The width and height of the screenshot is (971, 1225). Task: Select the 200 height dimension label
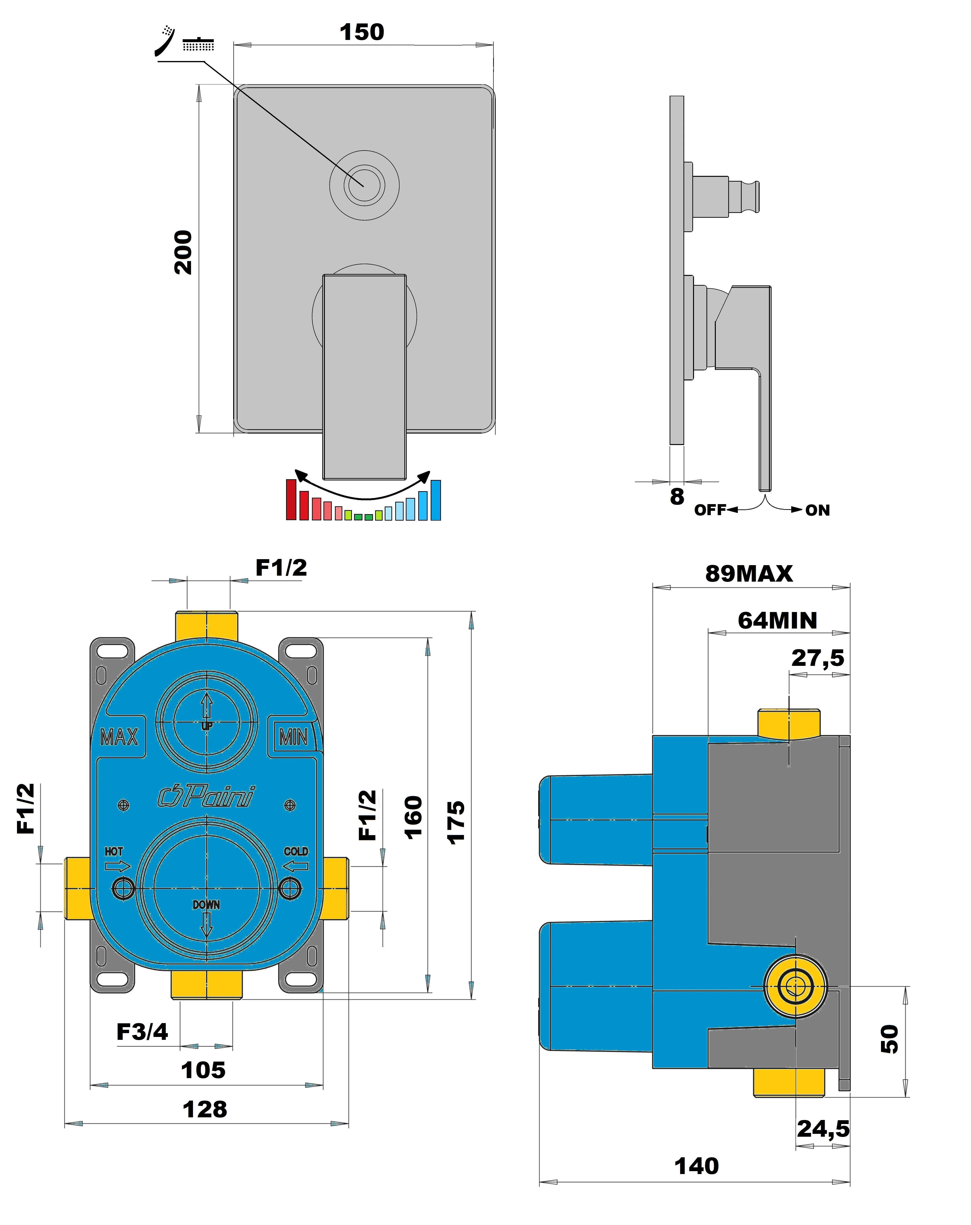pyautogui.click(x=183, y=253)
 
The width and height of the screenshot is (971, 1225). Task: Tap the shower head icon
pyautogui.click(x=198, y=44)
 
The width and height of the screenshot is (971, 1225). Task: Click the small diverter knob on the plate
pyautogui.click(x=364, y=185)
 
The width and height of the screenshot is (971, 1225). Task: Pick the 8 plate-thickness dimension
pyautogui.click(x=677, y=497)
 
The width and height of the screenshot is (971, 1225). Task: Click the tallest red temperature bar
pyautogui.click(x=291, y=499)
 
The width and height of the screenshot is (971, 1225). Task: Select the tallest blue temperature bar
pyautogui.click(x=435, y=500)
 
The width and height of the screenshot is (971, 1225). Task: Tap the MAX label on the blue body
pyautogui.click(x=119, y=737)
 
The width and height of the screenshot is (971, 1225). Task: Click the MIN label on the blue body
pyautogui.click(x=293, y=737)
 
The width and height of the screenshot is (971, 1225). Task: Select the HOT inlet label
pyautogui.click(x=114, y=851)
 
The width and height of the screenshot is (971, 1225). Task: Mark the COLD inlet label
pyautogui.click(x=296, y=851)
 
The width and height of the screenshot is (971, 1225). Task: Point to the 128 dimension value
pyautogui.click(x=205, y=1109)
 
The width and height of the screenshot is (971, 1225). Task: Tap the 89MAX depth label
pyautogui.click(x=749, y=574)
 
